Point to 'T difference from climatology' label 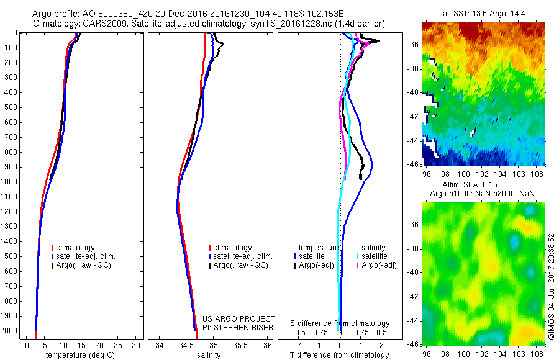click(x=340, y=355)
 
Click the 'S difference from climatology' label click(x=340, y=323)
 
